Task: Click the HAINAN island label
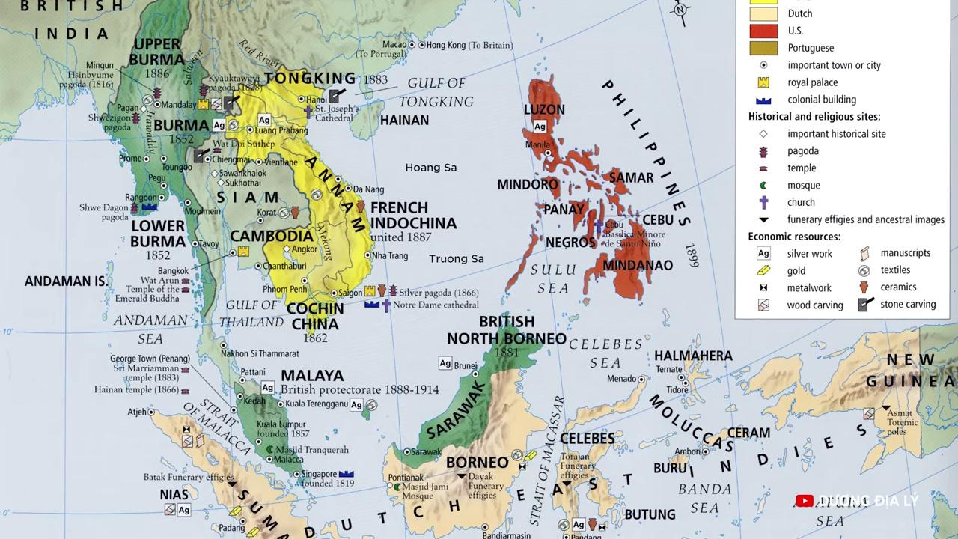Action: pyautogui.click(x=404, y=120)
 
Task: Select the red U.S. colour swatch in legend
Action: pyautogui.click(x=763, y=31)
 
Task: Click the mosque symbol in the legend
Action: pyautogui.click(x=763, y=185)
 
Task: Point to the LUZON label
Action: pyautogui.click(x=544, y=109)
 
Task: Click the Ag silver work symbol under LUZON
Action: pyautogui.click(x=540, y=126)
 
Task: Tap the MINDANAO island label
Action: pyautogui.click(x=638, y=265)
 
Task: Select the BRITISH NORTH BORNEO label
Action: pyautogui.click(x=507, y=330)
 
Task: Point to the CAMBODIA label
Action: pyautogui.click(x=271, y=236)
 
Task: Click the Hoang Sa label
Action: pyautogui.click(x=430, y=168)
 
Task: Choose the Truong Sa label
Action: pyautogui.click(x=456, y=258)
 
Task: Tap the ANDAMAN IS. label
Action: pyautogui.click(x=66, y=281)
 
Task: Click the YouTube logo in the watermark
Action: pyautogui.click(x=805, y=501)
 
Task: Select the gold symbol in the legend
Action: pyautogui.click(x=763, y=270)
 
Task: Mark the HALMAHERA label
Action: pyautogui.click(x=693, y=356)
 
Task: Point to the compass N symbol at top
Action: pyautogui.click(x=680, y=10)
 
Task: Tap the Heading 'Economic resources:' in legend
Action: pyautogui.click(x=794, y=237)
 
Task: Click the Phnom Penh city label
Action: pyautogui.click(x=284, y=289)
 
